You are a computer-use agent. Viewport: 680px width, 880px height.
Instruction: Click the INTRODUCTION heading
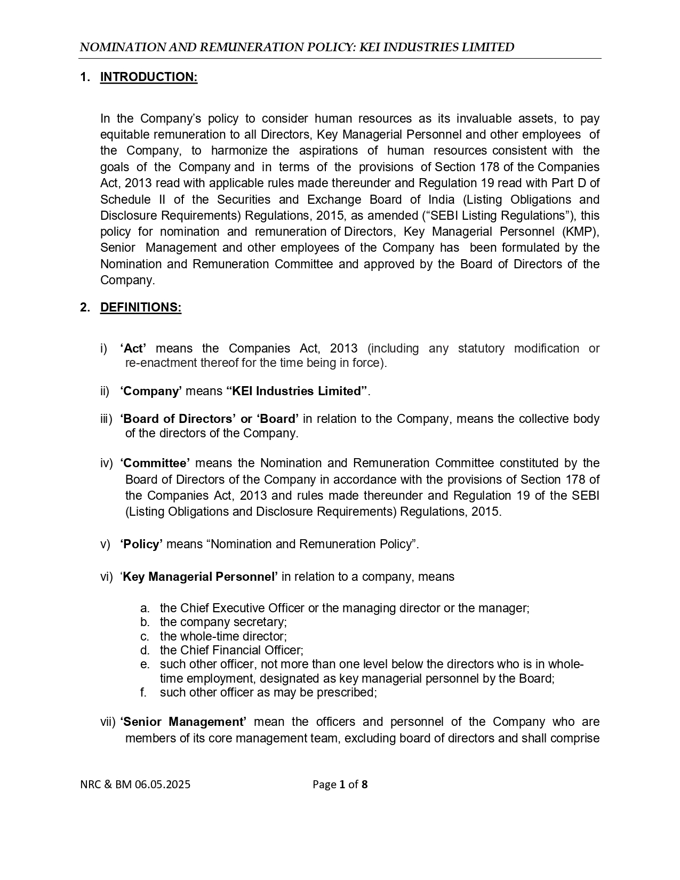coord(149,77)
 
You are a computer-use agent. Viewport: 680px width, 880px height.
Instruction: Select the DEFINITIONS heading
coord(141,308)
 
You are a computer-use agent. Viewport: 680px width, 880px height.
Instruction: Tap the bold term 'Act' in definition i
coord(133,348)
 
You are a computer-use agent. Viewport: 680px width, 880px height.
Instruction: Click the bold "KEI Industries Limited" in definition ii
coord(297,391)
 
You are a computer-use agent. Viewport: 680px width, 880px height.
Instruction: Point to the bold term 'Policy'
coord(141,544)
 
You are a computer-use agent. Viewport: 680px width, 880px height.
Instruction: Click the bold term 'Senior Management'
coord(183,722)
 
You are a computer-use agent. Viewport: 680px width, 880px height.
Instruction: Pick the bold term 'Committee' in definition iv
coord(155,463)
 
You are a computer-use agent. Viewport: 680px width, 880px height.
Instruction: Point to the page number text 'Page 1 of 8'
coord(340,785)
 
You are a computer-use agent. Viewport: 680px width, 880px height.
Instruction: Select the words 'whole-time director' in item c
coord(233,636)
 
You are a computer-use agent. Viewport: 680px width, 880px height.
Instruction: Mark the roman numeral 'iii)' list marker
coord(107,419)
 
